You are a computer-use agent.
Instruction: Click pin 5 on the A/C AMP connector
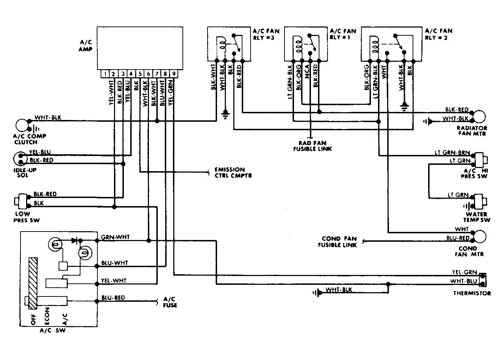(140, 74)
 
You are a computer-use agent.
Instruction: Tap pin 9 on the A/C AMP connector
(174, 74)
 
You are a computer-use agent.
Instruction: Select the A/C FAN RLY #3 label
(266, 34)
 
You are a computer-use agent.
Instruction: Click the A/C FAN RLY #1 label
(343, 34)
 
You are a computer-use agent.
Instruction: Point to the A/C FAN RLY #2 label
(439, 34)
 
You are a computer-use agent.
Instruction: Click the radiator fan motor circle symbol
(480, 116)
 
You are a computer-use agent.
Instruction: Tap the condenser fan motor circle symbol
(480, 236)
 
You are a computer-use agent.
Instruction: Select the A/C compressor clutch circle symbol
(22, 125)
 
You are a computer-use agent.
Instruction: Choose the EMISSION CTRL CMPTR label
(233, 173)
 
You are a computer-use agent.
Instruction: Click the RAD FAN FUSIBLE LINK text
(312, 146)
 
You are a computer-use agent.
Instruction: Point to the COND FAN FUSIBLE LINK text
(337, 242)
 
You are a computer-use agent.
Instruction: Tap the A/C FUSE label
(170, 302)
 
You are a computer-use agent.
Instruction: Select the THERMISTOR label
(472, 293)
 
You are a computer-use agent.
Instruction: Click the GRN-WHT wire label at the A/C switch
(115, 237)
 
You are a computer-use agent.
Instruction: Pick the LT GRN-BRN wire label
(452, 153)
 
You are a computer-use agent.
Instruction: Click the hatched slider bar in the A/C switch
(33, 283)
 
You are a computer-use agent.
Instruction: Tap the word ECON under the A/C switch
(47, 316)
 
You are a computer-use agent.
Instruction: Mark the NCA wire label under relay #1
(307, 72)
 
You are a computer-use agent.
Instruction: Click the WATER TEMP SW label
(476, 217)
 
